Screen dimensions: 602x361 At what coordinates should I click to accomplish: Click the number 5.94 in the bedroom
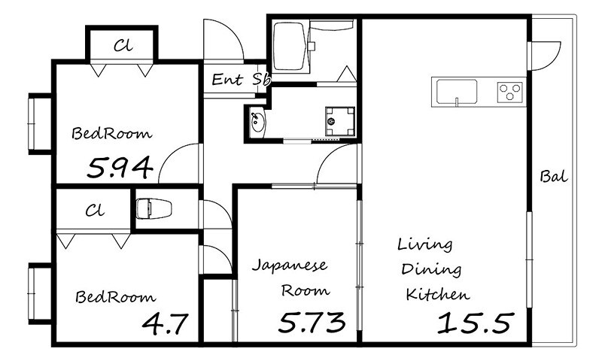coord(120,168)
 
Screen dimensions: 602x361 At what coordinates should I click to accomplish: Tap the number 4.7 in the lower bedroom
coord(165,323)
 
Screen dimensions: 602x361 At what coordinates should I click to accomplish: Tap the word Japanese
coord(290,265)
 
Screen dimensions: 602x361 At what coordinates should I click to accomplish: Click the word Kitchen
coord(438,294)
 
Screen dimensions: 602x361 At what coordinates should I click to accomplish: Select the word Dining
coord(431,269)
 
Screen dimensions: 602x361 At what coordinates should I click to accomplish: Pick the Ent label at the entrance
coord(227,80)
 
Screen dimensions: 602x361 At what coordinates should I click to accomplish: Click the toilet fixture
coord(154,208)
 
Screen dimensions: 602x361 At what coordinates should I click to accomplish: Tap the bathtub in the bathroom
coord(288,47)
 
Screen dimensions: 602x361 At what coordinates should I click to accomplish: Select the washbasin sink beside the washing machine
coord(256,121)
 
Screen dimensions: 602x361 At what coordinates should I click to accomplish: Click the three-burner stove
coord(510,92)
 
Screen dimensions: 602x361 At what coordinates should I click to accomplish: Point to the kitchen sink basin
coord(455,91)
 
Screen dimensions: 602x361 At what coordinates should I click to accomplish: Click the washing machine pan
coord(340,121)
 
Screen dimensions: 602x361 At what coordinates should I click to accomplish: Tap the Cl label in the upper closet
coord(123,46)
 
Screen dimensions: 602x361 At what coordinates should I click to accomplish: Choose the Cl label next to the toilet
coord(95,211)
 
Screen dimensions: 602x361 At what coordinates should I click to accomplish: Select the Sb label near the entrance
coord(262,79)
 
